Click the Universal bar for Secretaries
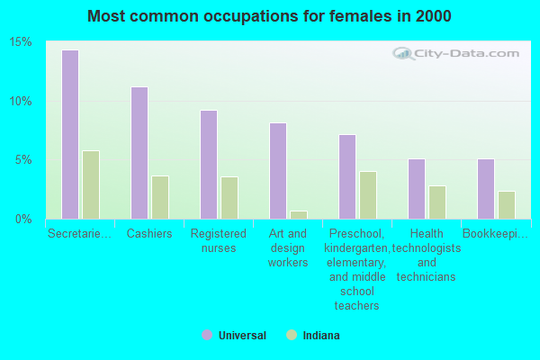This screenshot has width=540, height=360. (70, 134)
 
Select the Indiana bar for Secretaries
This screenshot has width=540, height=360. (91, 184)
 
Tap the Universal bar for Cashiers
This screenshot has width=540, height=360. (139, 153)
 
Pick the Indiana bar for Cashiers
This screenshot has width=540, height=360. (160, 197)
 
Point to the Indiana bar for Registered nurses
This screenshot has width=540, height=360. (229, 198)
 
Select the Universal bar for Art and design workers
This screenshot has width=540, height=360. (278, 171)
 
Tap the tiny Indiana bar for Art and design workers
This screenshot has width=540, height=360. (299, 215)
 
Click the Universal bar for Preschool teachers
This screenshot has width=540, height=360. (347, 176)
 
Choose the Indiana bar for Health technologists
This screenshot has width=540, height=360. (437, 202)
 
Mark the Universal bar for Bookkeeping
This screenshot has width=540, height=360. (486, 189)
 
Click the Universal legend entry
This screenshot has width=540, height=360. (234, 336)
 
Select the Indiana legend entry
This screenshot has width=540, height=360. (314, 336)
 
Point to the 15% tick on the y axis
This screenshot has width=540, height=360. (21, 42)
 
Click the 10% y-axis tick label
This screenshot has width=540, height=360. (21, 101)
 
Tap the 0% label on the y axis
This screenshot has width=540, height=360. (23, 219)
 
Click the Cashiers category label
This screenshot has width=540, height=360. (149, 234)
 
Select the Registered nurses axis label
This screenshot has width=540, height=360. (219, 240)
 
